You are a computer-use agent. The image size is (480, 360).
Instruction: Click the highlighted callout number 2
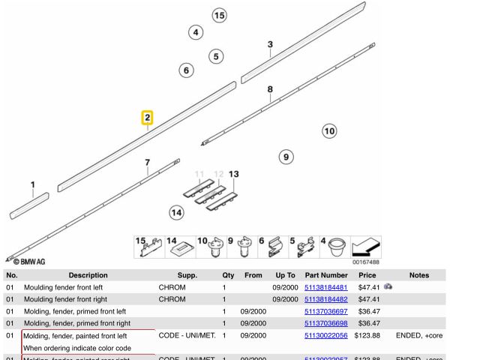pos(148,118)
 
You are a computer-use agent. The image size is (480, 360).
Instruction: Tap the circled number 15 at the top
pos(219,15)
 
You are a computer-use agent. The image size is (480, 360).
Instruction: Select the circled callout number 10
pos(329,131)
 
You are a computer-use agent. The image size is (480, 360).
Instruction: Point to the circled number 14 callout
pos(176,212)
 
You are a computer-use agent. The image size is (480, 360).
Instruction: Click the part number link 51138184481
pos(326,287)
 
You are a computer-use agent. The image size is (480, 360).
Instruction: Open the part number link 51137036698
pos(326,323)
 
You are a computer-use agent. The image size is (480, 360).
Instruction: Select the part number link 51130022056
pos(326,336)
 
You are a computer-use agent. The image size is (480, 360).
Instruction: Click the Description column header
pos(88,275)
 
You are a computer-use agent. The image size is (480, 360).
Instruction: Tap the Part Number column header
pos(326,275)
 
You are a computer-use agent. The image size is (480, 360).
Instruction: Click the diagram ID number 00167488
pos(364,262)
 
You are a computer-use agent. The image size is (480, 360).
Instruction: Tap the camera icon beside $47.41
pos(388,286)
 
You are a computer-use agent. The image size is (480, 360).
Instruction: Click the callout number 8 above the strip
pos(270,89)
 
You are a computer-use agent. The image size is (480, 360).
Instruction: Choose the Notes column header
pos(419,275)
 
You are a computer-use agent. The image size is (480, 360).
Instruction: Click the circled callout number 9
pos(285,157)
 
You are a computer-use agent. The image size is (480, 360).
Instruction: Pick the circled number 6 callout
pos(186,70)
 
